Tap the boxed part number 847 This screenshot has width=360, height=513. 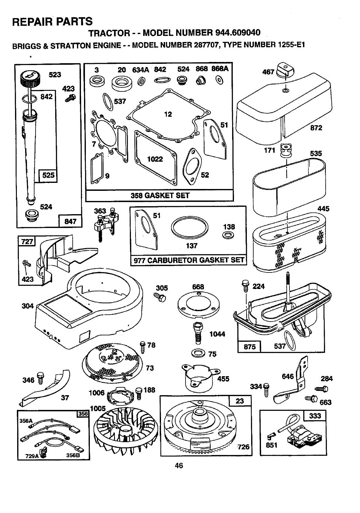click(x=70, y=221)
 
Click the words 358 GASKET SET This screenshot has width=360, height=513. click(x=160, y=195)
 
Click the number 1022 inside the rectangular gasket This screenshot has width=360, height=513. click(x=155, y=159)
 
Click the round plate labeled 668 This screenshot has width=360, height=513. click(x=198, y=304)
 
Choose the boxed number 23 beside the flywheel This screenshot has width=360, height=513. click(x=240, y=401)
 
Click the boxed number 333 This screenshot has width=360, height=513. click(x=315, y=415)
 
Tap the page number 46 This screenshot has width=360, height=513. click(x=179, y=465)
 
